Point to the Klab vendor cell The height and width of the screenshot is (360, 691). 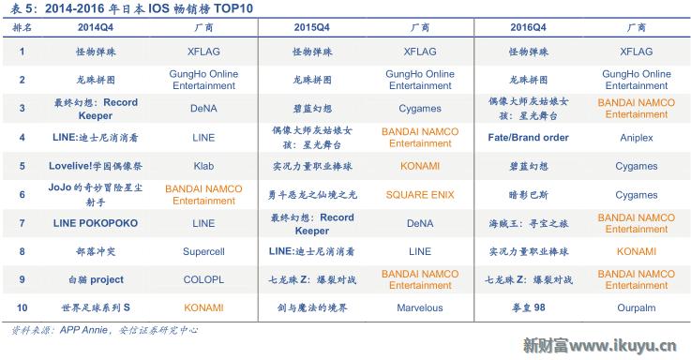[x=203, y=166]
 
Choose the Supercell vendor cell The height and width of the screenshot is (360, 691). [x=203, y=251]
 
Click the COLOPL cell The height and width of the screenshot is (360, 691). [x=203, y=279]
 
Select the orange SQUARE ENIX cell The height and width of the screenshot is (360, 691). [x=419, y=195]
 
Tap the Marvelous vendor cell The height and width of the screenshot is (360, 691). [x=419, y=307]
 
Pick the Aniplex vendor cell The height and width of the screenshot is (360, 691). [x=636, y=138]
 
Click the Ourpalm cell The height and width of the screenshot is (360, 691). [x=636, y=307]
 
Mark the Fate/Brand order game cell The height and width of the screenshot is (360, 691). [x=528, y=138]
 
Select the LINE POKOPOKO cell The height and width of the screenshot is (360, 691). [x=96, y=223]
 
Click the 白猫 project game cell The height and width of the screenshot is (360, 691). [x=96, y=279]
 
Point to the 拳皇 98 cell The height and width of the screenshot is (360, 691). [x=528, y=307]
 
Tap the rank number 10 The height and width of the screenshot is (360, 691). [x=22, y=307]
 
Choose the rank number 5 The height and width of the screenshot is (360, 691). [x=22, y=166]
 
